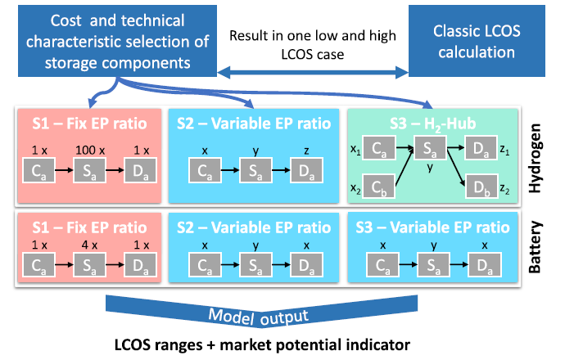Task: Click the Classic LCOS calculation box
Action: click(477, 41)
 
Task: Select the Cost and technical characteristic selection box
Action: click(117, 41)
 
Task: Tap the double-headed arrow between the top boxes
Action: click(313, 72)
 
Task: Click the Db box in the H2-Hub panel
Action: click(481, 186)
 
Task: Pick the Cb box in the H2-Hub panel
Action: click(378, 186)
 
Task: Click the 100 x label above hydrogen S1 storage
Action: click(90, 150)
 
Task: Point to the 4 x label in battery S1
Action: click(90, 245)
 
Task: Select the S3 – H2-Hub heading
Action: click(433, 124)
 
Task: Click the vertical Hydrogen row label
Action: click(535, 158)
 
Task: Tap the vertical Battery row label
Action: click(535, 247)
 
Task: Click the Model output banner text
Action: click(259, 317)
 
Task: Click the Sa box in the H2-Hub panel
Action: click(430, 147)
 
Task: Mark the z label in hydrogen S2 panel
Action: click(306, 151)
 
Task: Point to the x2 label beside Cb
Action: click(355, 188)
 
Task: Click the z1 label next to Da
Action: click(505, 150)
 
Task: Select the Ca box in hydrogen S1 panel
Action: click(39, 170)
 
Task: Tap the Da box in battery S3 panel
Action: click(485, 264)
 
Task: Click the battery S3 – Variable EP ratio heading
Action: click(433, 227)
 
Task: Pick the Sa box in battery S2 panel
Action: click(255, 264)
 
